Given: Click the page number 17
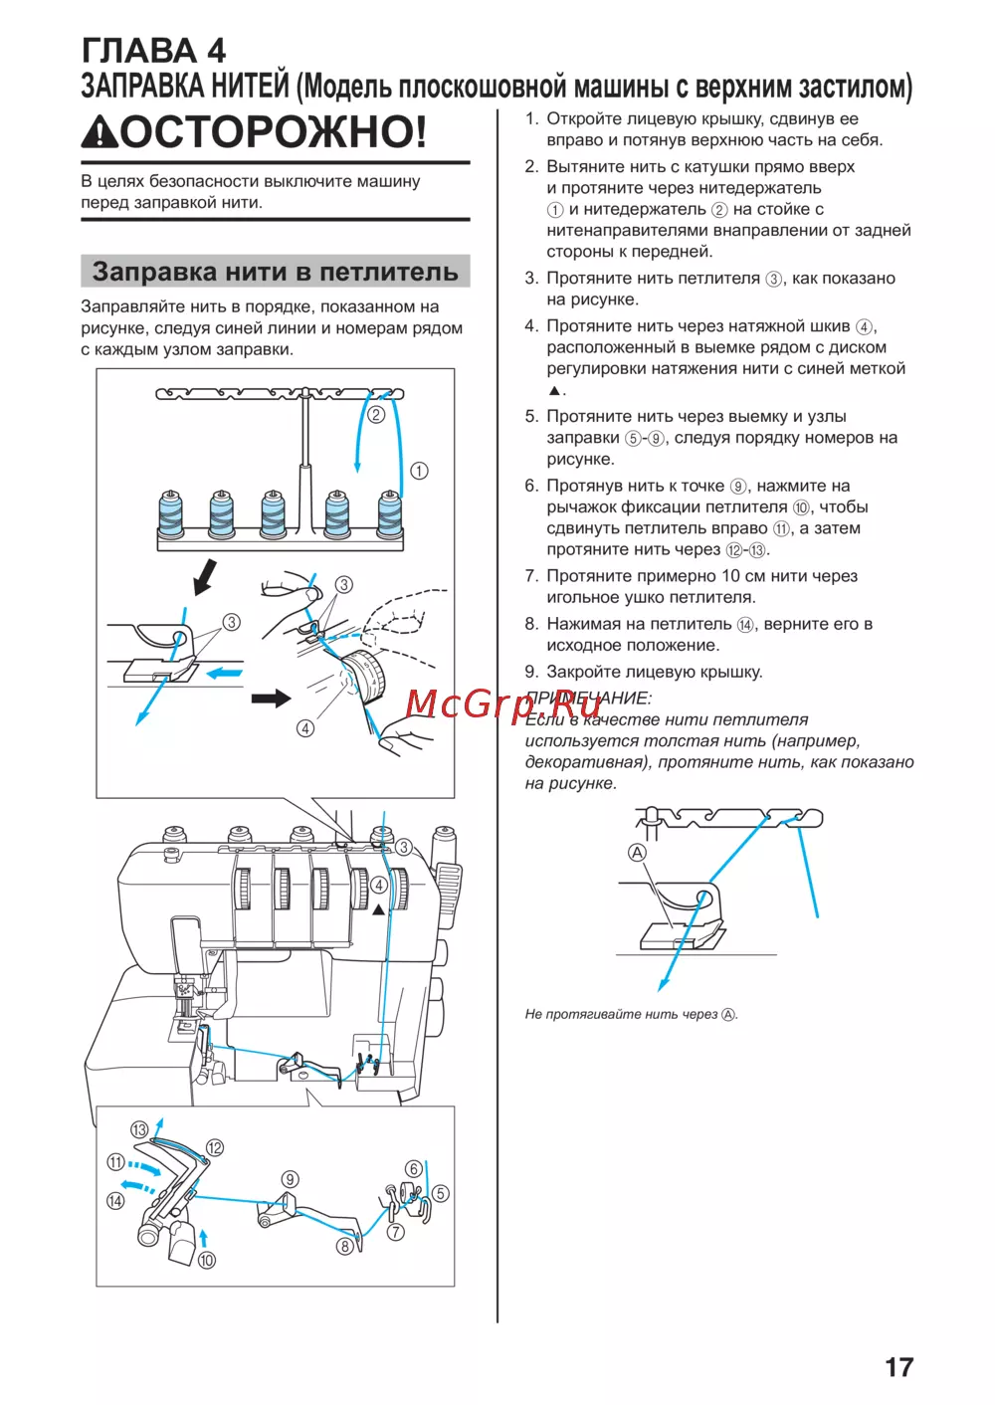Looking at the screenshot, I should (898, 1367).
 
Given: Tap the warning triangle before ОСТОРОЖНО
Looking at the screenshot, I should (99, 132).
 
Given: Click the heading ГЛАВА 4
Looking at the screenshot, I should (153, 50).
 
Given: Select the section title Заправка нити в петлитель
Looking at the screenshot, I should (275, 272).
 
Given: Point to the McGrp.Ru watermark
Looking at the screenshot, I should (503, 703).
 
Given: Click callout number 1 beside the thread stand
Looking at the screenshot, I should (419, 471).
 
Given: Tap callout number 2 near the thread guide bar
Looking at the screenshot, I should (376, 414).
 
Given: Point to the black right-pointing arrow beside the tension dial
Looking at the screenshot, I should (270, 699).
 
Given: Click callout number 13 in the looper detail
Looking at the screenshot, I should (139, 1129).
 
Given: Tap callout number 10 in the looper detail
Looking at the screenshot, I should (206, 1260).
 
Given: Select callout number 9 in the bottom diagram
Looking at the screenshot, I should (290, 1179).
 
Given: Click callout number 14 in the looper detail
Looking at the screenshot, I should (115, 1201).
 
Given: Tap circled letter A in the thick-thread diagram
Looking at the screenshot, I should (637, 852).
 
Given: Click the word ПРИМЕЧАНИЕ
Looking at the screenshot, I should (588, 698).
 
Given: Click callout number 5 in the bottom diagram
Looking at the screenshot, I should (440, 1193).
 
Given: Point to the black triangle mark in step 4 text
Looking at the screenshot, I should (554, 390).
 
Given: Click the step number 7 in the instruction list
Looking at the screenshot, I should (530, 576).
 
